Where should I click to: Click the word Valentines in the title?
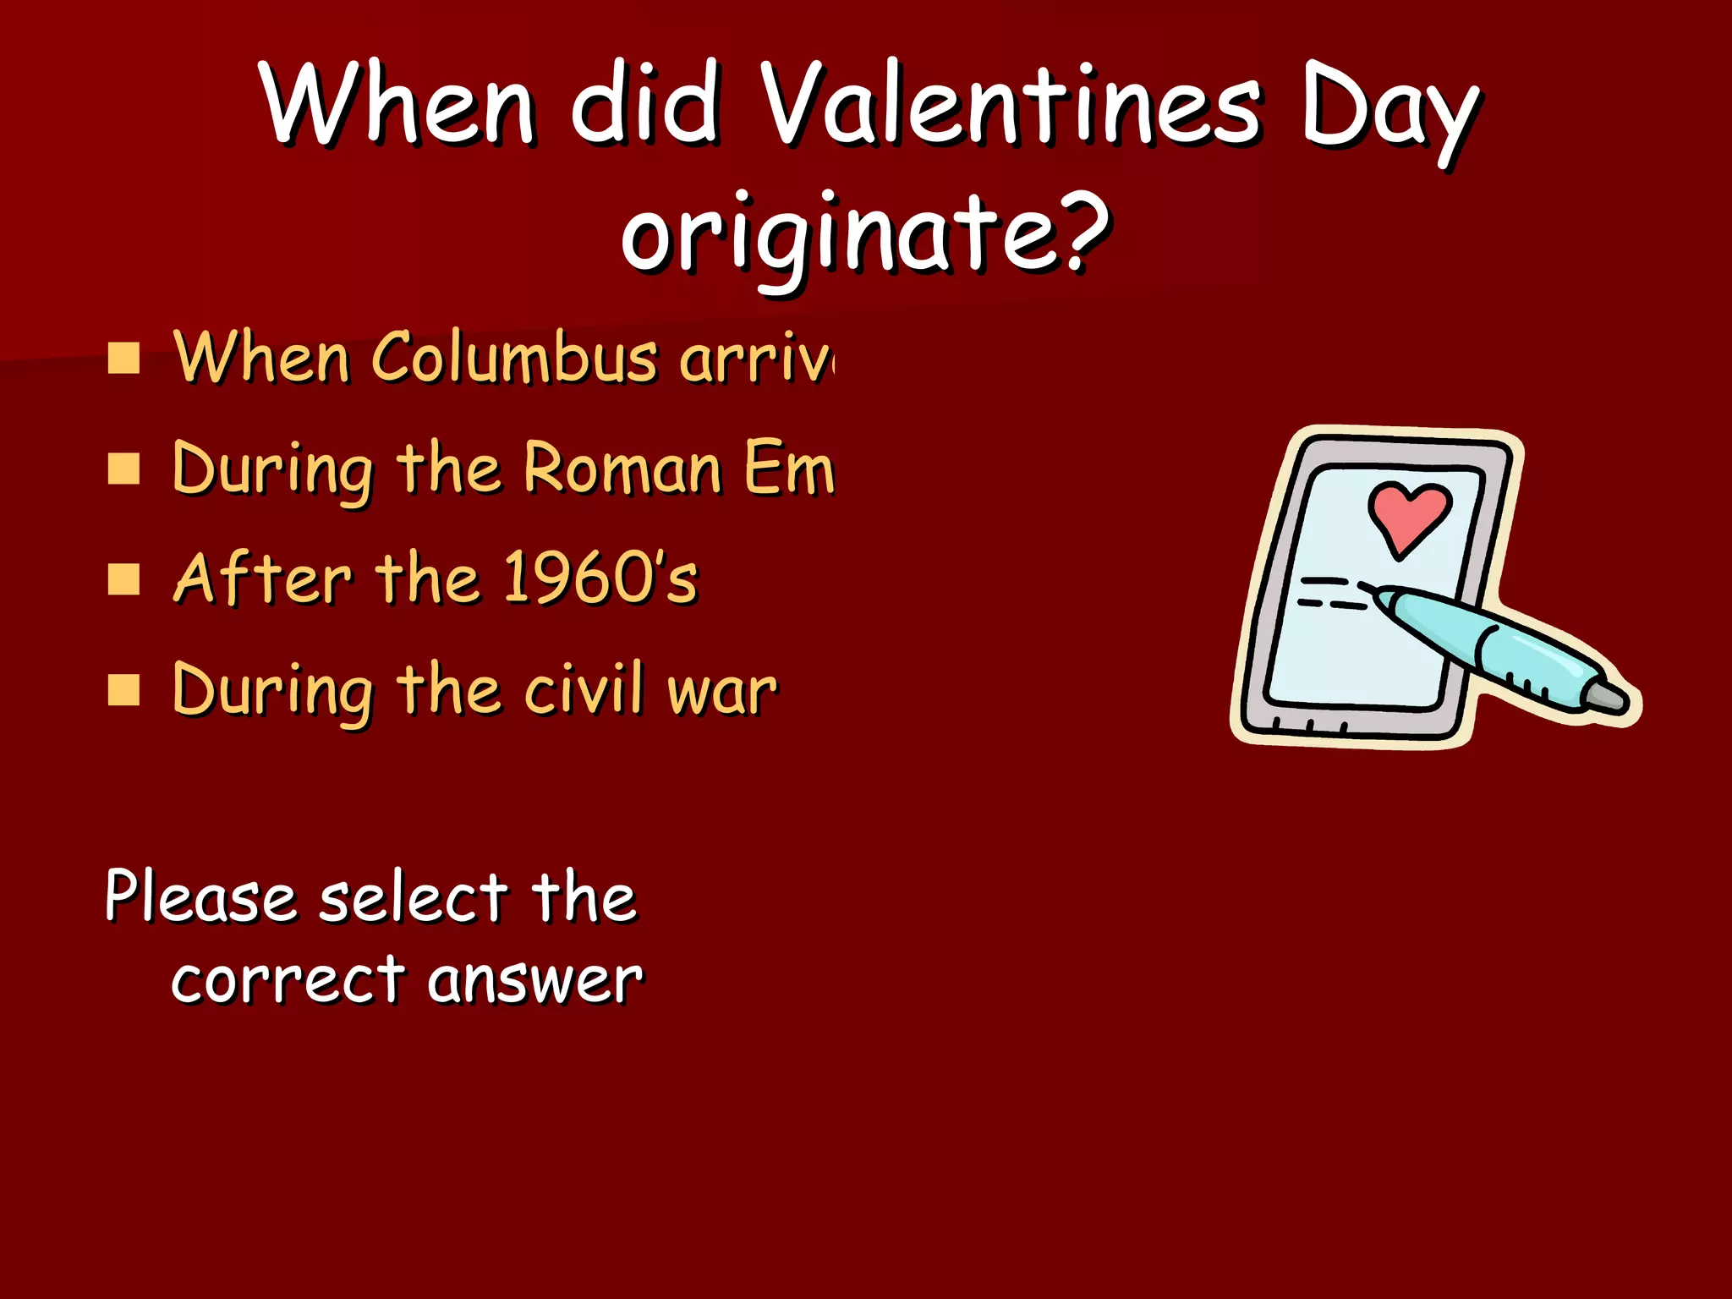tap(1010, 106)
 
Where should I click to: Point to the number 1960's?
tap(600, 579)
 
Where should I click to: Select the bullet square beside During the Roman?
tap(123, 469)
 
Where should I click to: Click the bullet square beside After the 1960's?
tap(123, 580)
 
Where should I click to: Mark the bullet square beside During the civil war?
tap(123, 690)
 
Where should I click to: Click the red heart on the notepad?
tap(1409, 516)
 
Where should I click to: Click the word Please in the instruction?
tap(200, 896)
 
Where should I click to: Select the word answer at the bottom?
tap(534, 981)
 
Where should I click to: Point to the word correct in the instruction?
tap(288, 981)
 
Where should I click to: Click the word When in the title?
tap(397, 106)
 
